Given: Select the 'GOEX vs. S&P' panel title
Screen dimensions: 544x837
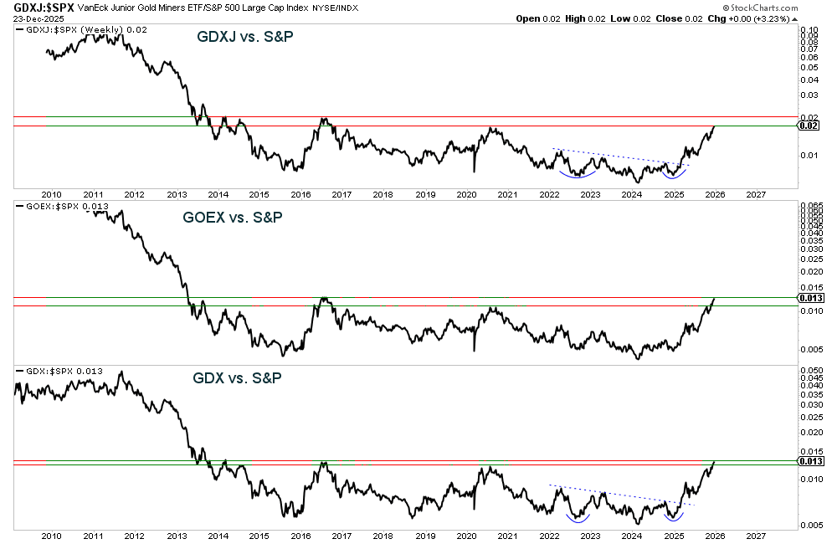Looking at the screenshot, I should pos(233,218).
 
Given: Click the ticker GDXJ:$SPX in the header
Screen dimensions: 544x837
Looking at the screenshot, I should pos(40,7).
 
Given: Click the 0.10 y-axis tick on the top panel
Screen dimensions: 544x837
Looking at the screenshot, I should pos(809,29).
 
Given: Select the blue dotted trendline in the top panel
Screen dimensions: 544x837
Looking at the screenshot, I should pos(619,157).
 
